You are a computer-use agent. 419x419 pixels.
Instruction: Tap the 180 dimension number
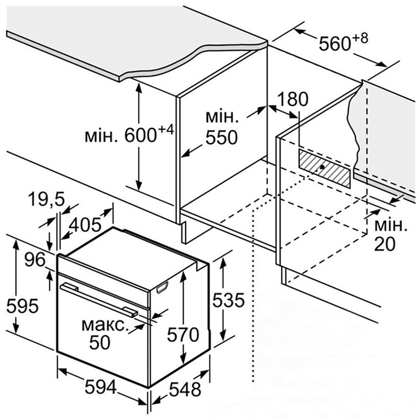tap(293, 99)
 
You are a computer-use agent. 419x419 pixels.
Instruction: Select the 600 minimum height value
tap(141, 135)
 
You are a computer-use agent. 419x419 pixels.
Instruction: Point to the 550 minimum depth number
tap(222, 137)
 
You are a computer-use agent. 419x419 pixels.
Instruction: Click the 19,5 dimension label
tap(47, 199)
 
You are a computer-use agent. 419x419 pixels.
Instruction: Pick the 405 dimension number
tap(85, 225)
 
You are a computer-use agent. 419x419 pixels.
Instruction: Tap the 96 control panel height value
tap(35, 259)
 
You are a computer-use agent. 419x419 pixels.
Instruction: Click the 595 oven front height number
tap(23, 305)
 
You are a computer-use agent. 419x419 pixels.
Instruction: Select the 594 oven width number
tap(101, 387)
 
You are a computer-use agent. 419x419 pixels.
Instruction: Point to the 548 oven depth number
tap(185, 389)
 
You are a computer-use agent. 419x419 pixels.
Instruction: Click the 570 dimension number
tap(183, 335)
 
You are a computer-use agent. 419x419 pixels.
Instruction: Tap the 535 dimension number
tap(228, 300)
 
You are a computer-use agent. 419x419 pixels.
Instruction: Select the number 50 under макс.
tap(100, 342)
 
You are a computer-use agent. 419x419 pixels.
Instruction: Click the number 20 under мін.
tap(385, 244)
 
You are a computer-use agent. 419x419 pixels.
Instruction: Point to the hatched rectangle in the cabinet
tap(324, 168)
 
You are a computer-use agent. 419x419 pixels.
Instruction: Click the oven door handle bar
tap(99, 300)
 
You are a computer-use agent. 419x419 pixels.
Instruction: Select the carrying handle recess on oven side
tap(162, 287)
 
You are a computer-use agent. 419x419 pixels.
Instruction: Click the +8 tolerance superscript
tap(360, 38)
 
